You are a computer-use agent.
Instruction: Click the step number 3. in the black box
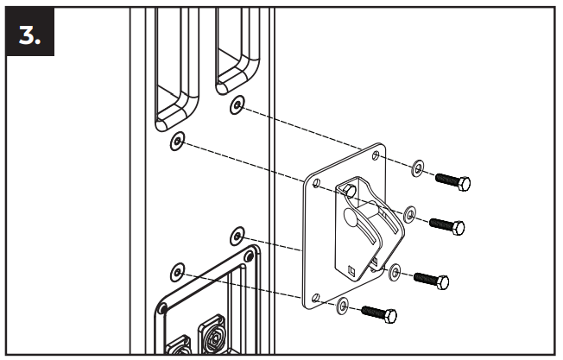tap(29, 36)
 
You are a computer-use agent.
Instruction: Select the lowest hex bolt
tap(379, 314)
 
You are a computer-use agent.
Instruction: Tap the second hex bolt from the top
tap(447, 226)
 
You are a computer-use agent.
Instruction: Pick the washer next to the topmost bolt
tap(417, 168)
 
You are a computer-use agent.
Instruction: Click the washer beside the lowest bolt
tap(343, 306)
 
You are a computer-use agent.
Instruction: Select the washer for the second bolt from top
tap(409, 215)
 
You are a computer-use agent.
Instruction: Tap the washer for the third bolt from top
tap(395, 273)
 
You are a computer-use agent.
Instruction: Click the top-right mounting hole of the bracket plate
tap(376, 155)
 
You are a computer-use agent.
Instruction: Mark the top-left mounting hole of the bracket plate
tap(316, 183)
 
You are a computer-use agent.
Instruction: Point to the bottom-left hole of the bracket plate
tap(316, 298)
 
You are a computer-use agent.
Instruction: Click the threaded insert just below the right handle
tap(237, 105)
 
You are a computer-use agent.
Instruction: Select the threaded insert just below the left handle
tap(177, 141)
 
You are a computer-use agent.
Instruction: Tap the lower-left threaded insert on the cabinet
tap(177, 272)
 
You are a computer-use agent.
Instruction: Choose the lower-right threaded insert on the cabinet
tap(237, 237)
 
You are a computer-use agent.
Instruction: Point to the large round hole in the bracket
tap(351, 216)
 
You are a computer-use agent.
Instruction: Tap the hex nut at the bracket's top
tap(350, 190)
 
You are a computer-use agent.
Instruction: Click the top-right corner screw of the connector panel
tap(249, 256)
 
